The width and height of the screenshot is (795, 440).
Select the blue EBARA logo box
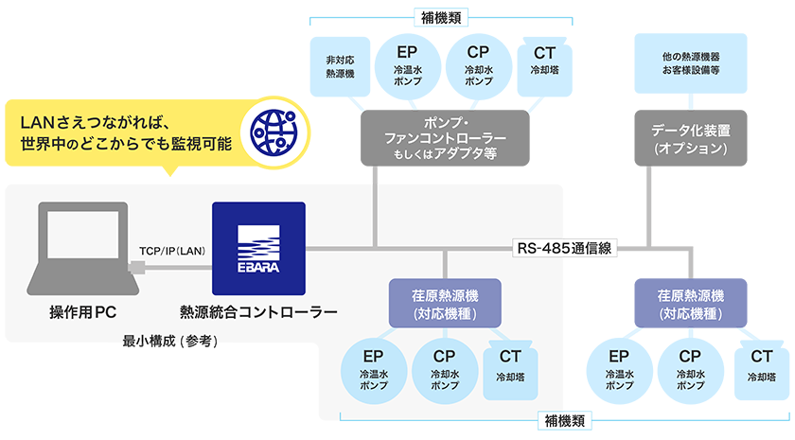[x=258, y=248]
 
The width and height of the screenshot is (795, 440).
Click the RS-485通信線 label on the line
[x=565, y=249]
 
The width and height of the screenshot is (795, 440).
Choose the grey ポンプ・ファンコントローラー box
[x=445, y=138]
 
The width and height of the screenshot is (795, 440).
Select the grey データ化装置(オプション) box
[x=690, y=138]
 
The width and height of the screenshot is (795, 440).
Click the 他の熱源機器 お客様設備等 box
[x=690, y=63]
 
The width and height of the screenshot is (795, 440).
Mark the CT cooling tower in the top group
[x=543, y=64]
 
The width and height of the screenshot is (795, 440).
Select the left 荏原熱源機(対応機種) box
[x=445, y=303]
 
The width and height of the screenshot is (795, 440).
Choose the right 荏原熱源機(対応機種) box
[x=690, y=303]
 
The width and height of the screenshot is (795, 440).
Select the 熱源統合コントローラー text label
[x=258, y=311]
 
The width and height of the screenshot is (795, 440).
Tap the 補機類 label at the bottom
[x=565, y=420]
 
